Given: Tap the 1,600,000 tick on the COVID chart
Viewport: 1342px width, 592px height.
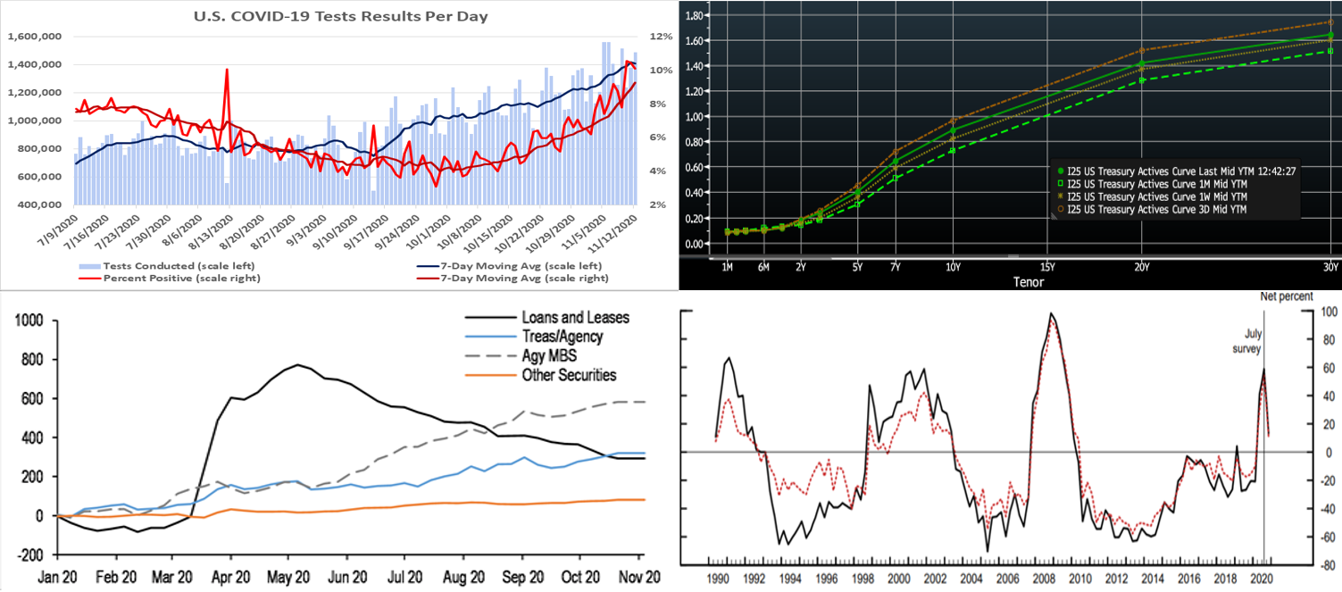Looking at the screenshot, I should (35, 37).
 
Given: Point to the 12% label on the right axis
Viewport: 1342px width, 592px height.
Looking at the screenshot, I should (661, 37).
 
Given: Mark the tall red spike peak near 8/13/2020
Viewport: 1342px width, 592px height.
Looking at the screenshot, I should (227, 70).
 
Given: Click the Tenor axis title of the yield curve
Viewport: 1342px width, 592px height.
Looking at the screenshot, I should (1018, 282).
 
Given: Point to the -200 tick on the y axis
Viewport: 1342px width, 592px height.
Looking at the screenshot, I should (24, 554).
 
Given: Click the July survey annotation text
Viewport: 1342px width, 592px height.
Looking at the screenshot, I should (1246, 339).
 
